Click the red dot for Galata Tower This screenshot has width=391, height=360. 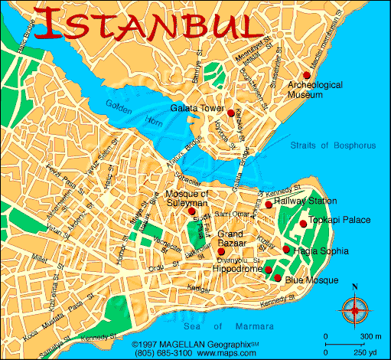[230, 113]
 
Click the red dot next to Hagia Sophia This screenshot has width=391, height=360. [286, 250]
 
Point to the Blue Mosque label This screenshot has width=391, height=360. [311, 281]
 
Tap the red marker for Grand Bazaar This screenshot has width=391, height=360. [221, 251]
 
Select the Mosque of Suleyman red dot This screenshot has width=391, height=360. [192, 211]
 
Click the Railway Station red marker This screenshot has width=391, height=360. [269, 205]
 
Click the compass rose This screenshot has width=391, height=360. [354, 310]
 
